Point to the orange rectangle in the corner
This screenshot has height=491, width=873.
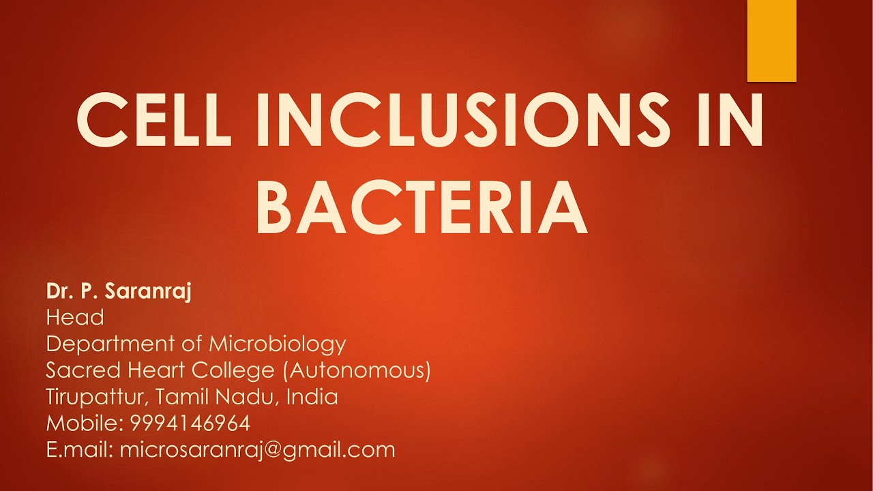pos(771,41)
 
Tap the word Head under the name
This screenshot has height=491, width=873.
pos(75,317)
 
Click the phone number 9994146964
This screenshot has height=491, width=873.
pos(190,423)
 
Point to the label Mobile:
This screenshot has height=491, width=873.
pos(84,423)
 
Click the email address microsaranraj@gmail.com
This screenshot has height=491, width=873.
pos(257,449)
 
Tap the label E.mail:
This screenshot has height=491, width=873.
pos(79,449)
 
